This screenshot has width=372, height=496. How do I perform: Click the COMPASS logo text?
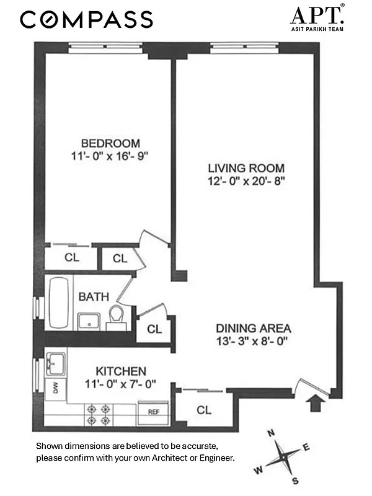[x=86, y=19]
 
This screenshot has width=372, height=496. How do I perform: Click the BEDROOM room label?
[x=109, y=143]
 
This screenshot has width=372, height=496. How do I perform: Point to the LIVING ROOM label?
[x=246, y=168]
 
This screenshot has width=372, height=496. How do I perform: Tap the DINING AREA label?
[x=253, y=328]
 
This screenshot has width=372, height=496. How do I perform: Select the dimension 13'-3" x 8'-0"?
[x=253, y=340]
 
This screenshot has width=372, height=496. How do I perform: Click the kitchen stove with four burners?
[x=100, y=414]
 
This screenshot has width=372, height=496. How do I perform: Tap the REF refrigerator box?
[x=153, y=412]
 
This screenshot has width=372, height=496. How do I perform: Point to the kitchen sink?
[x=56, y=363]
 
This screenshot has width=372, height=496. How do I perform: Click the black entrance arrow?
[x=316, y=404]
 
